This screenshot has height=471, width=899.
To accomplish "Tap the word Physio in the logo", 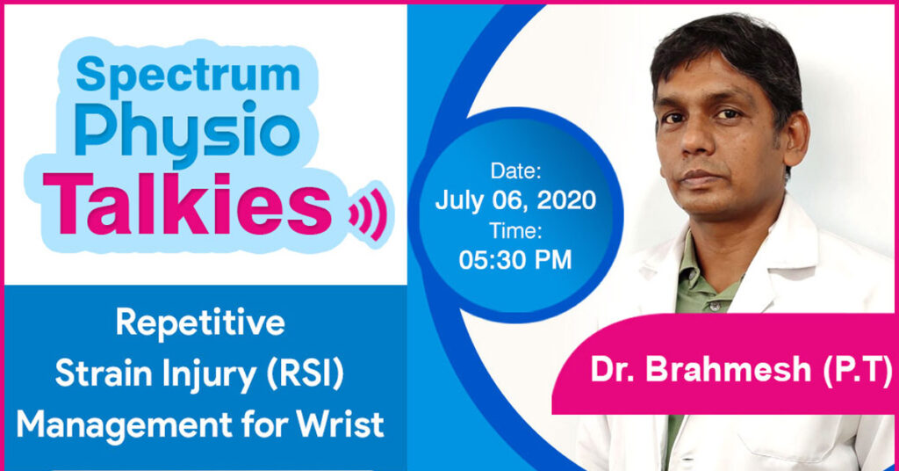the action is (x=187, y=133).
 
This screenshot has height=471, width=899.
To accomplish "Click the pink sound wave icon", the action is (x=368, y=213).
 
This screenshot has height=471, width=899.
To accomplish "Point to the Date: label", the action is (x=515, y=170).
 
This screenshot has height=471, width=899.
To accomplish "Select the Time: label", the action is (x=515, y=230).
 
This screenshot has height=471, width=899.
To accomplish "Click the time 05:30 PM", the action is (x=515, y=260).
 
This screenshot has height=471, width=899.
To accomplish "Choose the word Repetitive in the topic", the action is (x=200, y=323).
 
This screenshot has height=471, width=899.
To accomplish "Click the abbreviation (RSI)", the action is (x=305, y=374).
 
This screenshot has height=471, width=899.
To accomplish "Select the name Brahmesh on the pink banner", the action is (x=728, y=369).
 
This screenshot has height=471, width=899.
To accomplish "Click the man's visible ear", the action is (x=794, y=141).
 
